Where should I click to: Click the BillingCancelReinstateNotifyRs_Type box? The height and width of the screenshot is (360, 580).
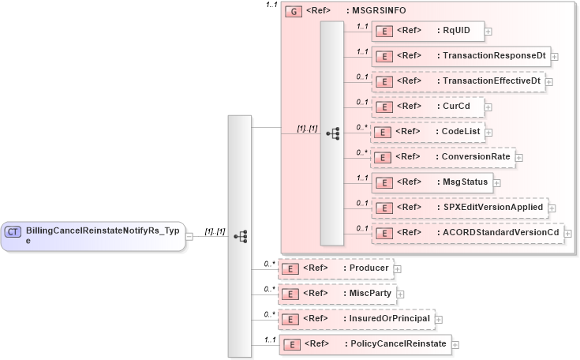[x=93, y=235]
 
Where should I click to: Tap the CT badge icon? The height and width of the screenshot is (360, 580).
[x=13, y=231]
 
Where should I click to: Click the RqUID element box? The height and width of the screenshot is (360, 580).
[x=426, y=31]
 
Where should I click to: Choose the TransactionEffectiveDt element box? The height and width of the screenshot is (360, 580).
[x=458, y=81]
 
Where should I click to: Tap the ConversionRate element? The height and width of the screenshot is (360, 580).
[x=442, y=157]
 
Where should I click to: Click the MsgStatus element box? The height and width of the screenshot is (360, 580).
[x=432, y=182]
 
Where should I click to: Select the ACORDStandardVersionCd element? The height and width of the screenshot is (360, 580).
[x=467, y=233]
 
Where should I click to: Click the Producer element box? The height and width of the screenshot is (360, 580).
[x=335, y=268]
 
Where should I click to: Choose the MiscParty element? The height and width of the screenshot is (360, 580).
[x=337, y=294]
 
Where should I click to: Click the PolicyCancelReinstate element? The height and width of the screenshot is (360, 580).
[x=365, y=344]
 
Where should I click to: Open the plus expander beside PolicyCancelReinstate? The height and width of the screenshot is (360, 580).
[x=455, y=345]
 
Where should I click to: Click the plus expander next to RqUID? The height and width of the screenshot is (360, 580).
[x=488, y=32]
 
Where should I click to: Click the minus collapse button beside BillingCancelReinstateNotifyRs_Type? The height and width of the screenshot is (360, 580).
[x=189, y=236]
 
